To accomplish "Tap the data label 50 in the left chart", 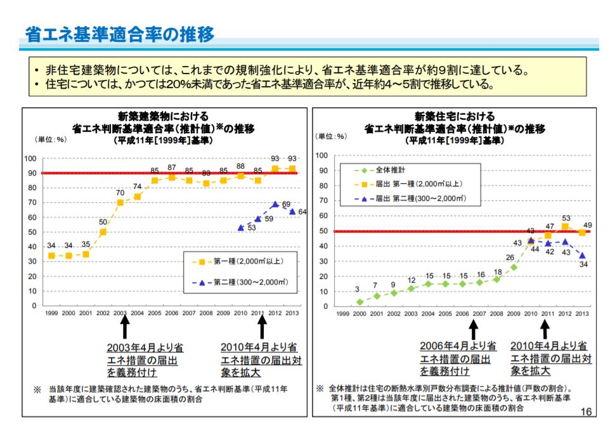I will pyautogui.click(x=103, y=222).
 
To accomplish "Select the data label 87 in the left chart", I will pyautogui.click(x=172, y=167).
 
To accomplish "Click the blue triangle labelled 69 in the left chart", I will pyautogui.click(x=275, y=205).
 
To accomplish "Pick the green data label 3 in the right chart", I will pyautogui.click(x=358, y=289).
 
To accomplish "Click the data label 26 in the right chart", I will pyautogui.click(x=510, y=257).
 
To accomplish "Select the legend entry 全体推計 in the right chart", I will pyautogui.click(x=386, y=170).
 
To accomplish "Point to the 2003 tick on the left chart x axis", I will pyautogui.click(x=120, y=313).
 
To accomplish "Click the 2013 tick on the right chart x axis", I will pyautogui.click(x=582, y=314).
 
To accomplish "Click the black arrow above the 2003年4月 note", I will pyautogui.click(x=125, y=326).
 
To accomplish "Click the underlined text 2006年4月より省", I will pyautogui.click(x=458, y=346).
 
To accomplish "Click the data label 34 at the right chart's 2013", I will pyautogui.click(x=584, y=264).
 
